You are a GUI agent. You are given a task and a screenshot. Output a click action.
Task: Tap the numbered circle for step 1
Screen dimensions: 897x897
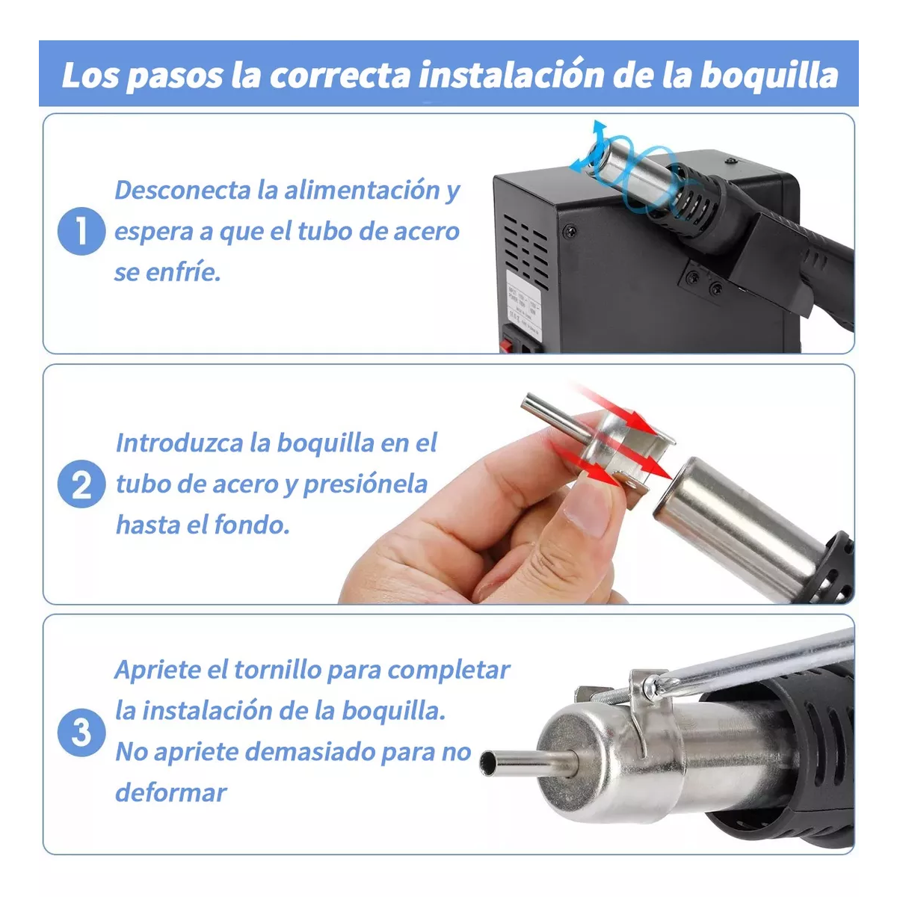[x=81, y=231]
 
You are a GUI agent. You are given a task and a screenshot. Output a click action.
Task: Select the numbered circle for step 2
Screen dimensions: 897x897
[x=81, y=484]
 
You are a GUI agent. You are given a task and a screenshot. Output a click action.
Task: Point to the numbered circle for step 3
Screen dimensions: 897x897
[x=81, y=733]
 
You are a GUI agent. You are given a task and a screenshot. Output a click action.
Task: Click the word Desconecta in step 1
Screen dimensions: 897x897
[x=182, y=190]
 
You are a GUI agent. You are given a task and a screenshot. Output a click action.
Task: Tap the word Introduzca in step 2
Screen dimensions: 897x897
[x=179, y=443]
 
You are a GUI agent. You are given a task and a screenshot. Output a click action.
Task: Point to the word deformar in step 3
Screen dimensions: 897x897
[x=170, y=792]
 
